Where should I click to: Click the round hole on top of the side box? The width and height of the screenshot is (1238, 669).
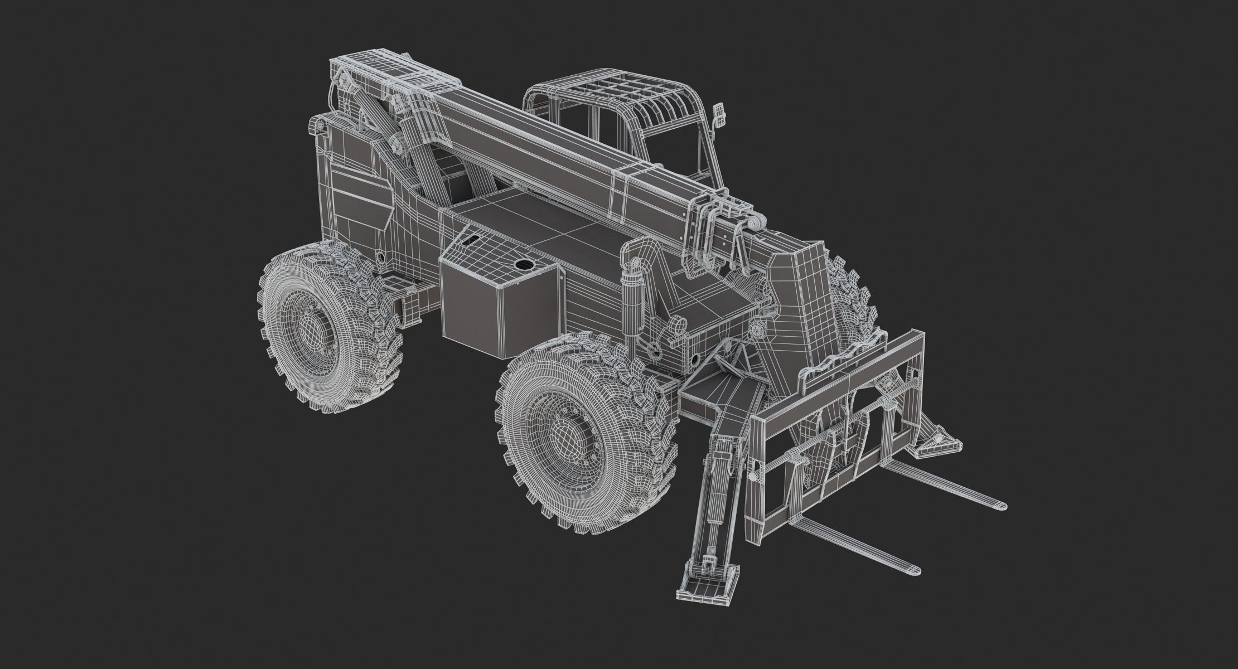[523, 265]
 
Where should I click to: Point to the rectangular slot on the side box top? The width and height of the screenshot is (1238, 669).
[472, 240]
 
